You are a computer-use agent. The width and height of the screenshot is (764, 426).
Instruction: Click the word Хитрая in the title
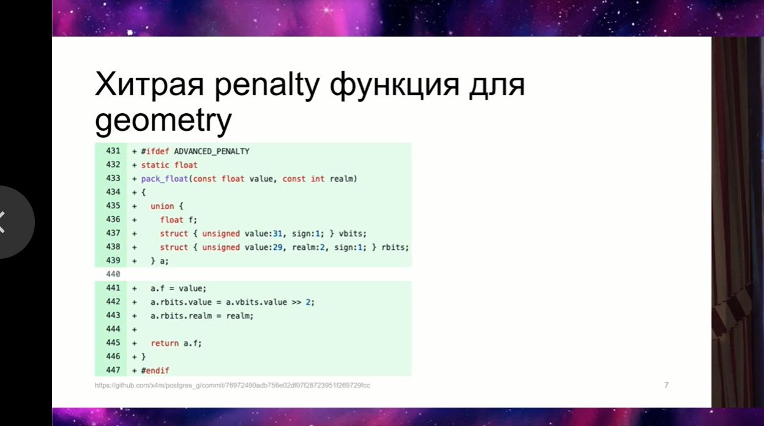[x=149, y=84]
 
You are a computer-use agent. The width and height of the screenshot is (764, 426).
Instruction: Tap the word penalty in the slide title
[x=267, y=85]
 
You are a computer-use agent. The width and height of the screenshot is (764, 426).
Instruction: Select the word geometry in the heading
[x=163, y=121]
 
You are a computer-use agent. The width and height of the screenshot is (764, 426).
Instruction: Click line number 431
[x=113, y=151]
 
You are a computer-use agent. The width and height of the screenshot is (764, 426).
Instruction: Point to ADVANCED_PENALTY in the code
[x=211, y=151]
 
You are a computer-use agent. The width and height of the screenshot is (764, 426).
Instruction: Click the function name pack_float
[x=165, y=179]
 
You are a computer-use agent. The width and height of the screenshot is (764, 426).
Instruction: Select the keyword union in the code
[x=162, y=206]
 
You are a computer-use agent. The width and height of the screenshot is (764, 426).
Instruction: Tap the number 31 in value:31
[x=278, y=234]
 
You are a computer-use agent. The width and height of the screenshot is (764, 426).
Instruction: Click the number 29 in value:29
[x=278, y=247]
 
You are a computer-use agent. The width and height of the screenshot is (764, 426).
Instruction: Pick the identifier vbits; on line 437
[x=353, y=234]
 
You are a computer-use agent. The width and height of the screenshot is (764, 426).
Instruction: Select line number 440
[x=113, y=274]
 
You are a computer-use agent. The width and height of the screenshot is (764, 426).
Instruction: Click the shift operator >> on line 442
[x=296, y=302]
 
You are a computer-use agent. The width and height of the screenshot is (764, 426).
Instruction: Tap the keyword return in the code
[x=165, y=343]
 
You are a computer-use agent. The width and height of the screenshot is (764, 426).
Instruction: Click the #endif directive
[x=155, y=370]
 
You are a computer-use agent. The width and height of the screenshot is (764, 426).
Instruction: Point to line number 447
[x=113, y=370]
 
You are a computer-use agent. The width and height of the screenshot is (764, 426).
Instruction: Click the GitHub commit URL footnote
[x=232, y=386]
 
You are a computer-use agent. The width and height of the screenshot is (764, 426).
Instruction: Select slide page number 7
[x=667, y=385]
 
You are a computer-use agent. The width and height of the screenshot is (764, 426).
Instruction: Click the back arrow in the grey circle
[x=2, y=222]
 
